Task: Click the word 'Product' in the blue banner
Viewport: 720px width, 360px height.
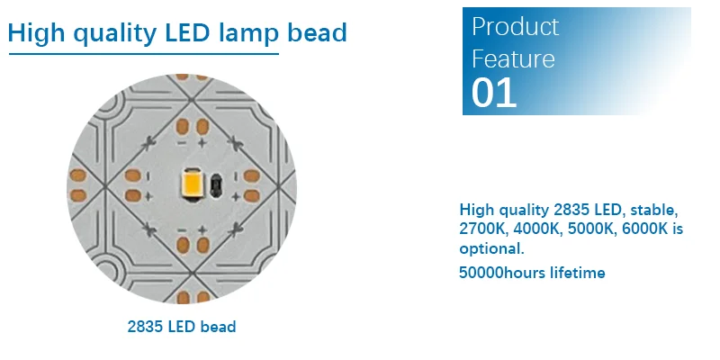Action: tap(515, 27)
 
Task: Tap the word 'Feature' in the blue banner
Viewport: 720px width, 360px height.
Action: tap(513, 59)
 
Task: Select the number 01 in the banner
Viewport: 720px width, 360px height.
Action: tap(494, 93)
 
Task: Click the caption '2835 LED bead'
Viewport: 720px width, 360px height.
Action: tap(182, 326)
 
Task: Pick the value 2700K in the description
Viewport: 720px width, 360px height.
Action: tap(481, 229)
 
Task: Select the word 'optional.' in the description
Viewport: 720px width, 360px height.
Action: tap(491, 248)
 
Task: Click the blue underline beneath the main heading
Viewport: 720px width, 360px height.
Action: tap(144, 54)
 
